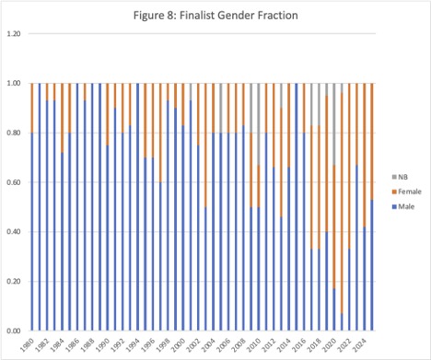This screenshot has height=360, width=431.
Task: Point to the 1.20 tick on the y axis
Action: click(13, 34)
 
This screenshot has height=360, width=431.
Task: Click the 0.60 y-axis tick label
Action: click(13, 182)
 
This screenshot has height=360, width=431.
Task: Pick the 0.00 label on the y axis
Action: click(13, 331)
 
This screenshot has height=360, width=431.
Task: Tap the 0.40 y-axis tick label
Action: click(13, 232)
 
